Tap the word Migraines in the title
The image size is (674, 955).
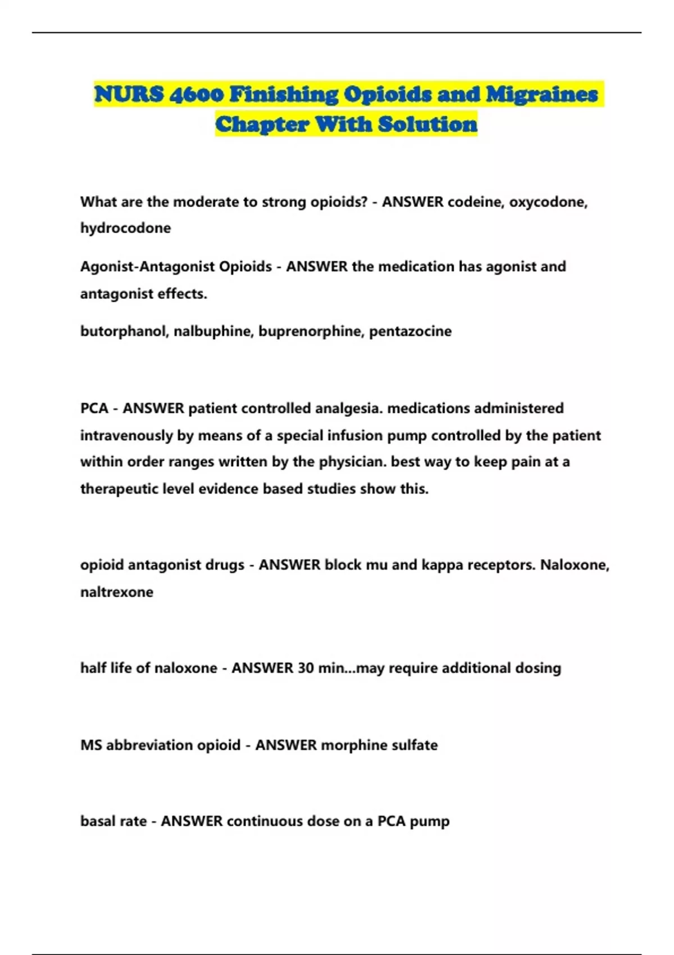(x=541, y=94)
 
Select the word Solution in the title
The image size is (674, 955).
(x=427, y=124)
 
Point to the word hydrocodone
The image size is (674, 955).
(x=125, y=228)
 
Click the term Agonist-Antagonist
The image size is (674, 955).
(x=147, y=266)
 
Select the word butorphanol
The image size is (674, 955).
(x=124, y=331)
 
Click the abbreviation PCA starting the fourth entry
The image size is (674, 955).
(x=94, y=408)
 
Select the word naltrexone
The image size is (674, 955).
(x=117, y=592)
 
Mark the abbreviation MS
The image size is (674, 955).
(x=91, y=745)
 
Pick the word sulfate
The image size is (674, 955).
(x=417, y=745)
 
